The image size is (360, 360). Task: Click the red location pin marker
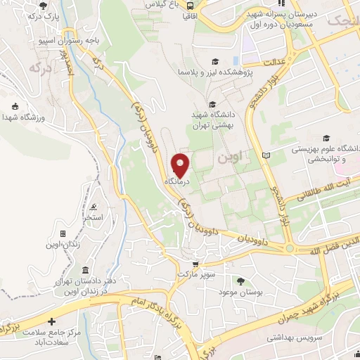(x=181, y=165)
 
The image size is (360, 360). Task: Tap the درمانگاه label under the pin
(x=179, y=181)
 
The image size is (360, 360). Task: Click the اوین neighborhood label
(x=229, y=159)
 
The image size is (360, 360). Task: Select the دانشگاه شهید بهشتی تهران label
(x=217, y=120)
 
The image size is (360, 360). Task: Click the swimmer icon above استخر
(x=94, y=207)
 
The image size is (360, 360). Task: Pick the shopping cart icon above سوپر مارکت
(x=195, y=264)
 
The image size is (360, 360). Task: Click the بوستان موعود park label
(x=240, y=291)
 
